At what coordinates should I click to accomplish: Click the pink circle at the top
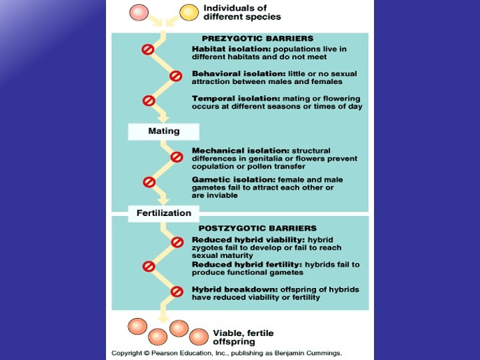click(138, 12)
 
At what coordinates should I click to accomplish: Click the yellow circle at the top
click(189, 12)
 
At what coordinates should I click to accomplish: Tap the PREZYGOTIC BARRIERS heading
click(257, 39)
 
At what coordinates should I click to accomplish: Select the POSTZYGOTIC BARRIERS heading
click(257, 228)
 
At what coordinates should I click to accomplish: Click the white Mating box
click(163, 131)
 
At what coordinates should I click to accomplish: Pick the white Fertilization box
click(164, 213)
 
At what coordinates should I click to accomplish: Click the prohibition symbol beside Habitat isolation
click(148, 49)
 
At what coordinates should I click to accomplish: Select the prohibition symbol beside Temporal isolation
click(149, 101)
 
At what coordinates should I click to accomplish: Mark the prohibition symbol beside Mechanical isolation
click(176, 157)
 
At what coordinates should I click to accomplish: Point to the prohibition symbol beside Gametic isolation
click(149, 181)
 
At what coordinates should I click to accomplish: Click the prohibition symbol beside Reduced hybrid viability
click(177, 242)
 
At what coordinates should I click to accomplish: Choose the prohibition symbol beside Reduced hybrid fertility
click(149, 266)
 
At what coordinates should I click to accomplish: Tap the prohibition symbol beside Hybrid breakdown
click(177, 291)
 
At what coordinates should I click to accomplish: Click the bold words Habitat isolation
click(226, 49)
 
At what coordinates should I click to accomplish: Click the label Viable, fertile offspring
click(243, 337)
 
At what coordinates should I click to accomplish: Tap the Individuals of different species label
click(241, 12)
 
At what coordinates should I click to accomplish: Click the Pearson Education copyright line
click(227, 352)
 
